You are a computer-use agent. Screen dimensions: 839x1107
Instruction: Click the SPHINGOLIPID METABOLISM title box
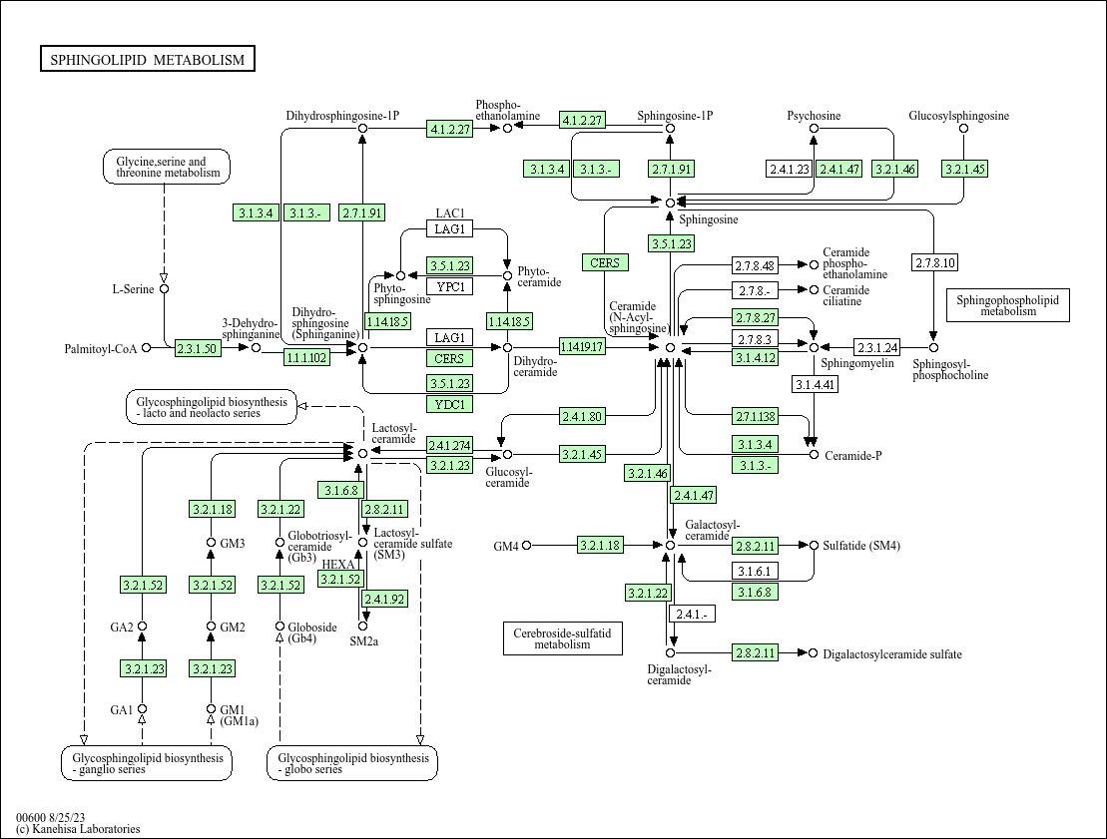(x=148, y=60)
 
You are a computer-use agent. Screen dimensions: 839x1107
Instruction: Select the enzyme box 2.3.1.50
(x=197, y=348)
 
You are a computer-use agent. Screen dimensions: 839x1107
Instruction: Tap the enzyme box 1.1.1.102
(x=306, y=357)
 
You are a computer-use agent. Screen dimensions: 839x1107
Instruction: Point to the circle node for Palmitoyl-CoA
(x=147, y=348)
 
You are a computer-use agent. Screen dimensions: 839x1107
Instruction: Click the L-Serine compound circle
(x=164, y=289)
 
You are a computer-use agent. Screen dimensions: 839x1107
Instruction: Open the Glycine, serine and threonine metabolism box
(x=167, y=167)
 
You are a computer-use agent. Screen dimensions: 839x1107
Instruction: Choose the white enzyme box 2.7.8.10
(x=934, y=263)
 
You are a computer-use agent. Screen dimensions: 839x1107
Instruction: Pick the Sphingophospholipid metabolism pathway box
(x=1007, y=305)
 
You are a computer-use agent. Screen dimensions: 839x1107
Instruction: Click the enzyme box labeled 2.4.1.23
(x=789, y=169)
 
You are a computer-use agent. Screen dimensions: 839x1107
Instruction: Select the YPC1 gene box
(x=450, y=287)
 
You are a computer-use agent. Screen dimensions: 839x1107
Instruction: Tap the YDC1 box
(x=450, y=404)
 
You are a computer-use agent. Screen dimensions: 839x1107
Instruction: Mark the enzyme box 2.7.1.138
(x=757, y=416)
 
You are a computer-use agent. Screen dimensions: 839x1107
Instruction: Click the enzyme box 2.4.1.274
(x=449, y=445)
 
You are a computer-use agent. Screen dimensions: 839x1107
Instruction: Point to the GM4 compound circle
(x=527, y=546)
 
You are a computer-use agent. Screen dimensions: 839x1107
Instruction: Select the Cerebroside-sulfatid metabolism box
(x=562, y=638)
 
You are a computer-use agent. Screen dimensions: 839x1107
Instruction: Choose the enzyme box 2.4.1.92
(x=384, y=599)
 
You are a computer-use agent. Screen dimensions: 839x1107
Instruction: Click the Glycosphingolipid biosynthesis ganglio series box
(x=147, y=763)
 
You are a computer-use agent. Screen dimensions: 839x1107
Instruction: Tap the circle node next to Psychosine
(x=814, y=129)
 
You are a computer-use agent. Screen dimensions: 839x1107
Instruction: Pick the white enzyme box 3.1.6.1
(x=757, y=571)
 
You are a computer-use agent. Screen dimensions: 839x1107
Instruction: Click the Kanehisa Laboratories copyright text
(x=78, y=829)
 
